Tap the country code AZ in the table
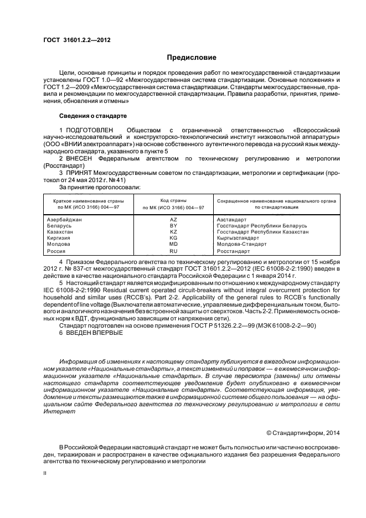pos(173,219)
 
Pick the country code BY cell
pos(173,226)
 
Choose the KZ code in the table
pos(173,232)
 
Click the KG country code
pos(173,238)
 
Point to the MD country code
pos(173,244)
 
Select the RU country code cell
pos(173,251)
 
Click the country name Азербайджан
pos(65,219)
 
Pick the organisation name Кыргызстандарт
pos(238,238)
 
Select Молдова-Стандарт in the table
pos(241,244)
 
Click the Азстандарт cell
pos(232,219)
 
